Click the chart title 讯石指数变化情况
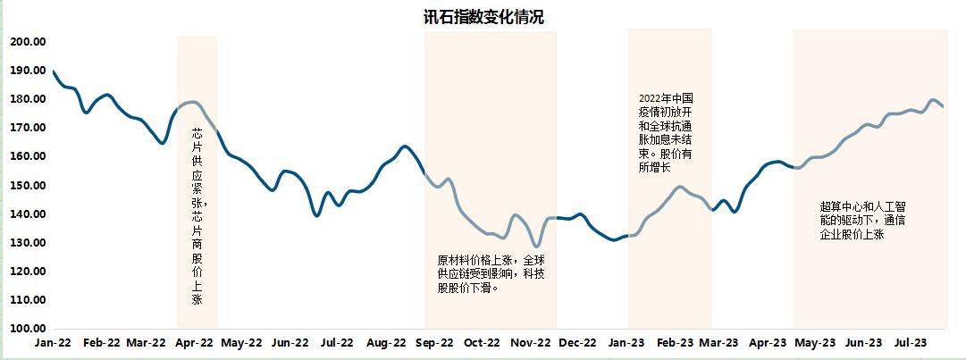pos(483,17)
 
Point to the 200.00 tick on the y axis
pos(28,42)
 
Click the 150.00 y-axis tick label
pos(28,186)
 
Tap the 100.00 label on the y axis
pos(28,329)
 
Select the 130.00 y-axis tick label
pos(28,243)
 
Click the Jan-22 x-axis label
pos(53,342)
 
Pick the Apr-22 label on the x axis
pos(194,342)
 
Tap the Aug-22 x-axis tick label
pos(387,342)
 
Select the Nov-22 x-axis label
pos(531,342)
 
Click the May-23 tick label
pos(816,342)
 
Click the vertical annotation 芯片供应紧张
pos(197,214)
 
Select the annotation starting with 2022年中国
pos(667,132)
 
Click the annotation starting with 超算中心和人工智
pos(856,220)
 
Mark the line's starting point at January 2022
pos(54,71)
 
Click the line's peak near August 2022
pos(405,146)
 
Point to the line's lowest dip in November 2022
pos(536,247)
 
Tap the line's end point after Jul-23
pos(943,106)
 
